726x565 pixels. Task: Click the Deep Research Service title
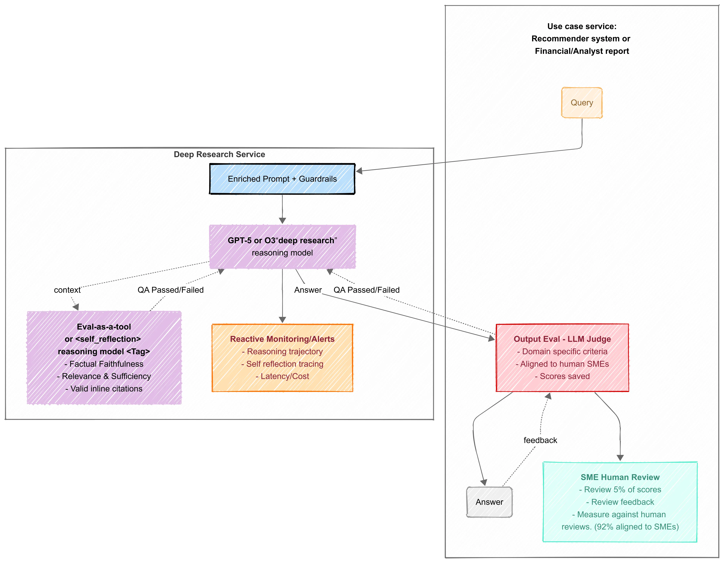pyautogui.click(x=219, y=154)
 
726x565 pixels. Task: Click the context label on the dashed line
pyautogui.click(x=67, y=290)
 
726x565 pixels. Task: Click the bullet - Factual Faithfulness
pyautogui.click(x=104, y=364)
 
